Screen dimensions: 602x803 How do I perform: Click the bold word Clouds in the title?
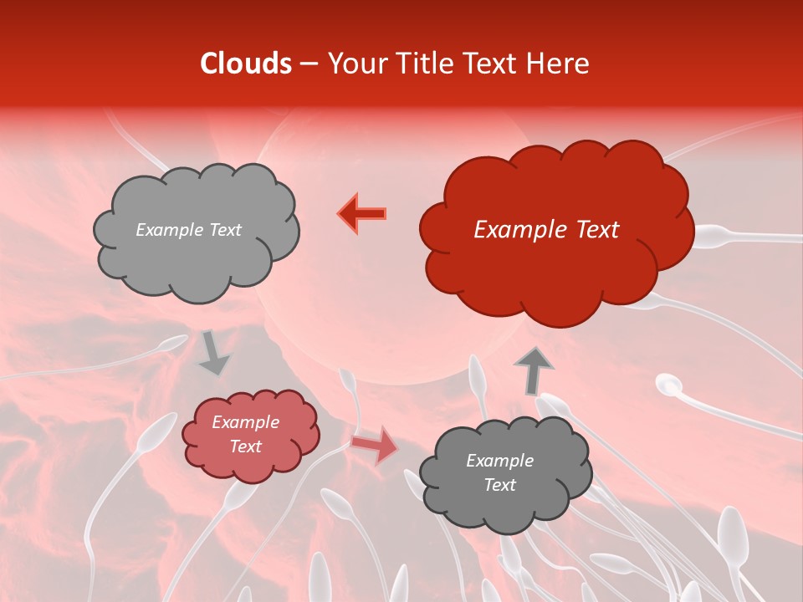(x=246, y=64)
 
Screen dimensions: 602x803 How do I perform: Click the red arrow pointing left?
(x=363, y=214)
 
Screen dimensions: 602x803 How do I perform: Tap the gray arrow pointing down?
(x=213, y=354)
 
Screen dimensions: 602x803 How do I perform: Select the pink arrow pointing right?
(x=376, y=446)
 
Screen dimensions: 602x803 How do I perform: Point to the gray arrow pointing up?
(x=533, y=370)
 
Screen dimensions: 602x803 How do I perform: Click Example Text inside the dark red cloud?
(x=546, y=230)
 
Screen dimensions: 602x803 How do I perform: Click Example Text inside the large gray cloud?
(x=188, y=230)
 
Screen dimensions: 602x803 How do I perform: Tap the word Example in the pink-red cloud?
(x=245, y=422)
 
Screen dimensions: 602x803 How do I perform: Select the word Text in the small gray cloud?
(x=499, y=485)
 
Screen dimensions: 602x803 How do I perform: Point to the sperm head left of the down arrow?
(x=174, y=342)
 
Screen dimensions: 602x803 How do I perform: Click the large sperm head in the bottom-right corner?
(x=732, y=532)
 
